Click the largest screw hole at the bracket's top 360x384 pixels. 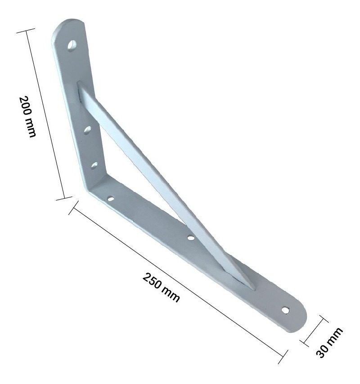(72, 46)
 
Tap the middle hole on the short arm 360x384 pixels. (87, 130)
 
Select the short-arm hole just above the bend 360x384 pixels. (94, 165)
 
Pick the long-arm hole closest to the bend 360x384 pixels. (111, 199)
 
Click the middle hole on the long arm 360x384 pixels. (191, 237)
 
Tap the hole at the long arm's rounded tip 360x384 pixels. (285, 310)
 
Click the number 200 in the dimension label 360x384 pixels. (26, 106)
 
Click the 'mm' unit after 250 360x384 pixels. (171, 295)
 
